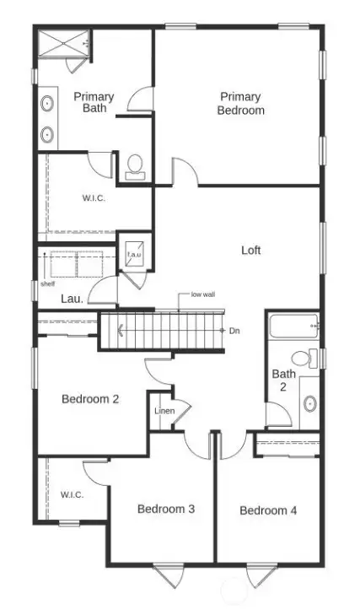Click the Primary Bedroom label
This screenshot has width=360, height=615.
(x=240, y=104)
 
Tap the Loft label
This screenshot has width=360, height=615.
(x=251, y=251)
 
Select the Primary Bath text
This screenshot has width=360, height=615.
(x=94, y=102)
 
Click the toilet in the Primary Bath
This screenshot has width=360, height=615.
(x=134, y=165)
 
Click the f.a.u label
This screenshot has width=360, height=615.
(x=133, y=254)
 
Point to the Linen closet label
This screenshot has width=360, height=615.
(x=164, y=411)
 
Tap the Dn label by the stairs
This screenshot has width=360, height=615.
(x=234, y=331)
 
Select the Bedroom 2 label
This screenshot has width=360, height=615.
(x=90, y=399)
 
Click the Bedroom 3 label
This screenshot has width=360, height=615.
(x=167, y=509)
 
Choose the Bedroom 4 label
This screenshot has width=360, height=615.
(x=268, y=510)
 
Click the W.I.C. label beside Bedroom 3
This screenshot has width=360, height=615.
(x=72, y=494)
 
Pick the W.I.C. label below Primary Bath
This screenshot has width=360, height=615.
(x=94, y=198)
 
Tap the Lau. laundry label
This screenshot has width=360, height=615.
(x=71, y=299)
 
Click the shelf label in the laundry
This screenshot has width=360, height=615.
(x=47, y=284)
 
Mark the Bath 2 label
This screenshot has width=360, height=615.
(x=282, y=380)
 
